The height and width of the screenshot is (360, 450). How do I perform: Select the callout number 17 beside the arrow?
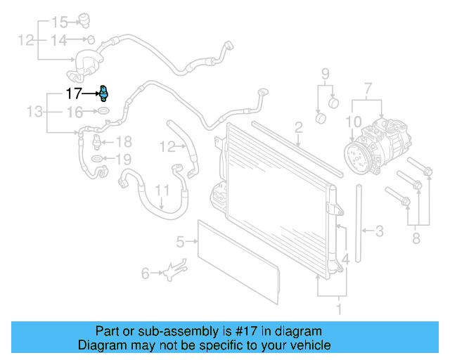[74, 93]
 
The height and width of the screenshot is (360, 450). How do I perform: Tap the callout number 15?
[60, 21]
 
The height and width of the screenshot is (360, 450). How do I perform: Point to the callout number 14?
[60, 40]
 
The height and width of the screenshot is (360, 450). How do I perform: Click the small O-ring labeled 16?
[103, 111]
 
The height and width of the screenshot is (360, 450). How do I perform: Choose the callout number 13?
[34, 111]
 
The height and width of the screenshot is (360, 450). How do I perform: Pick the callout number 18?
[123, 141]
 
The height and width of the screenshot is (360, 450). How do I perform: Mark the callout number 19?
[123, 159]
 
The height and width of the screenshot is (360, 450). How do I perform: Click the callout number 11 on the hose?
[162, 190]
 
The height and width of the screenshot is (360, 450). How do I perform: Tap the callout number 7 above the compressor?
[366, 88]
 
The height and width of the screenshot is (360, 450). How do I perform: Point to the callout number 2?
[298, 127]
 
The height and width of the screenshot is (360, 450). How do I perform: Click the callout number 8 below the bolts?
[416, 240]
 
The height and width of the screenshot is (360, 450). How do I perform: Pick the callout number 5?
[180, 243]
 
